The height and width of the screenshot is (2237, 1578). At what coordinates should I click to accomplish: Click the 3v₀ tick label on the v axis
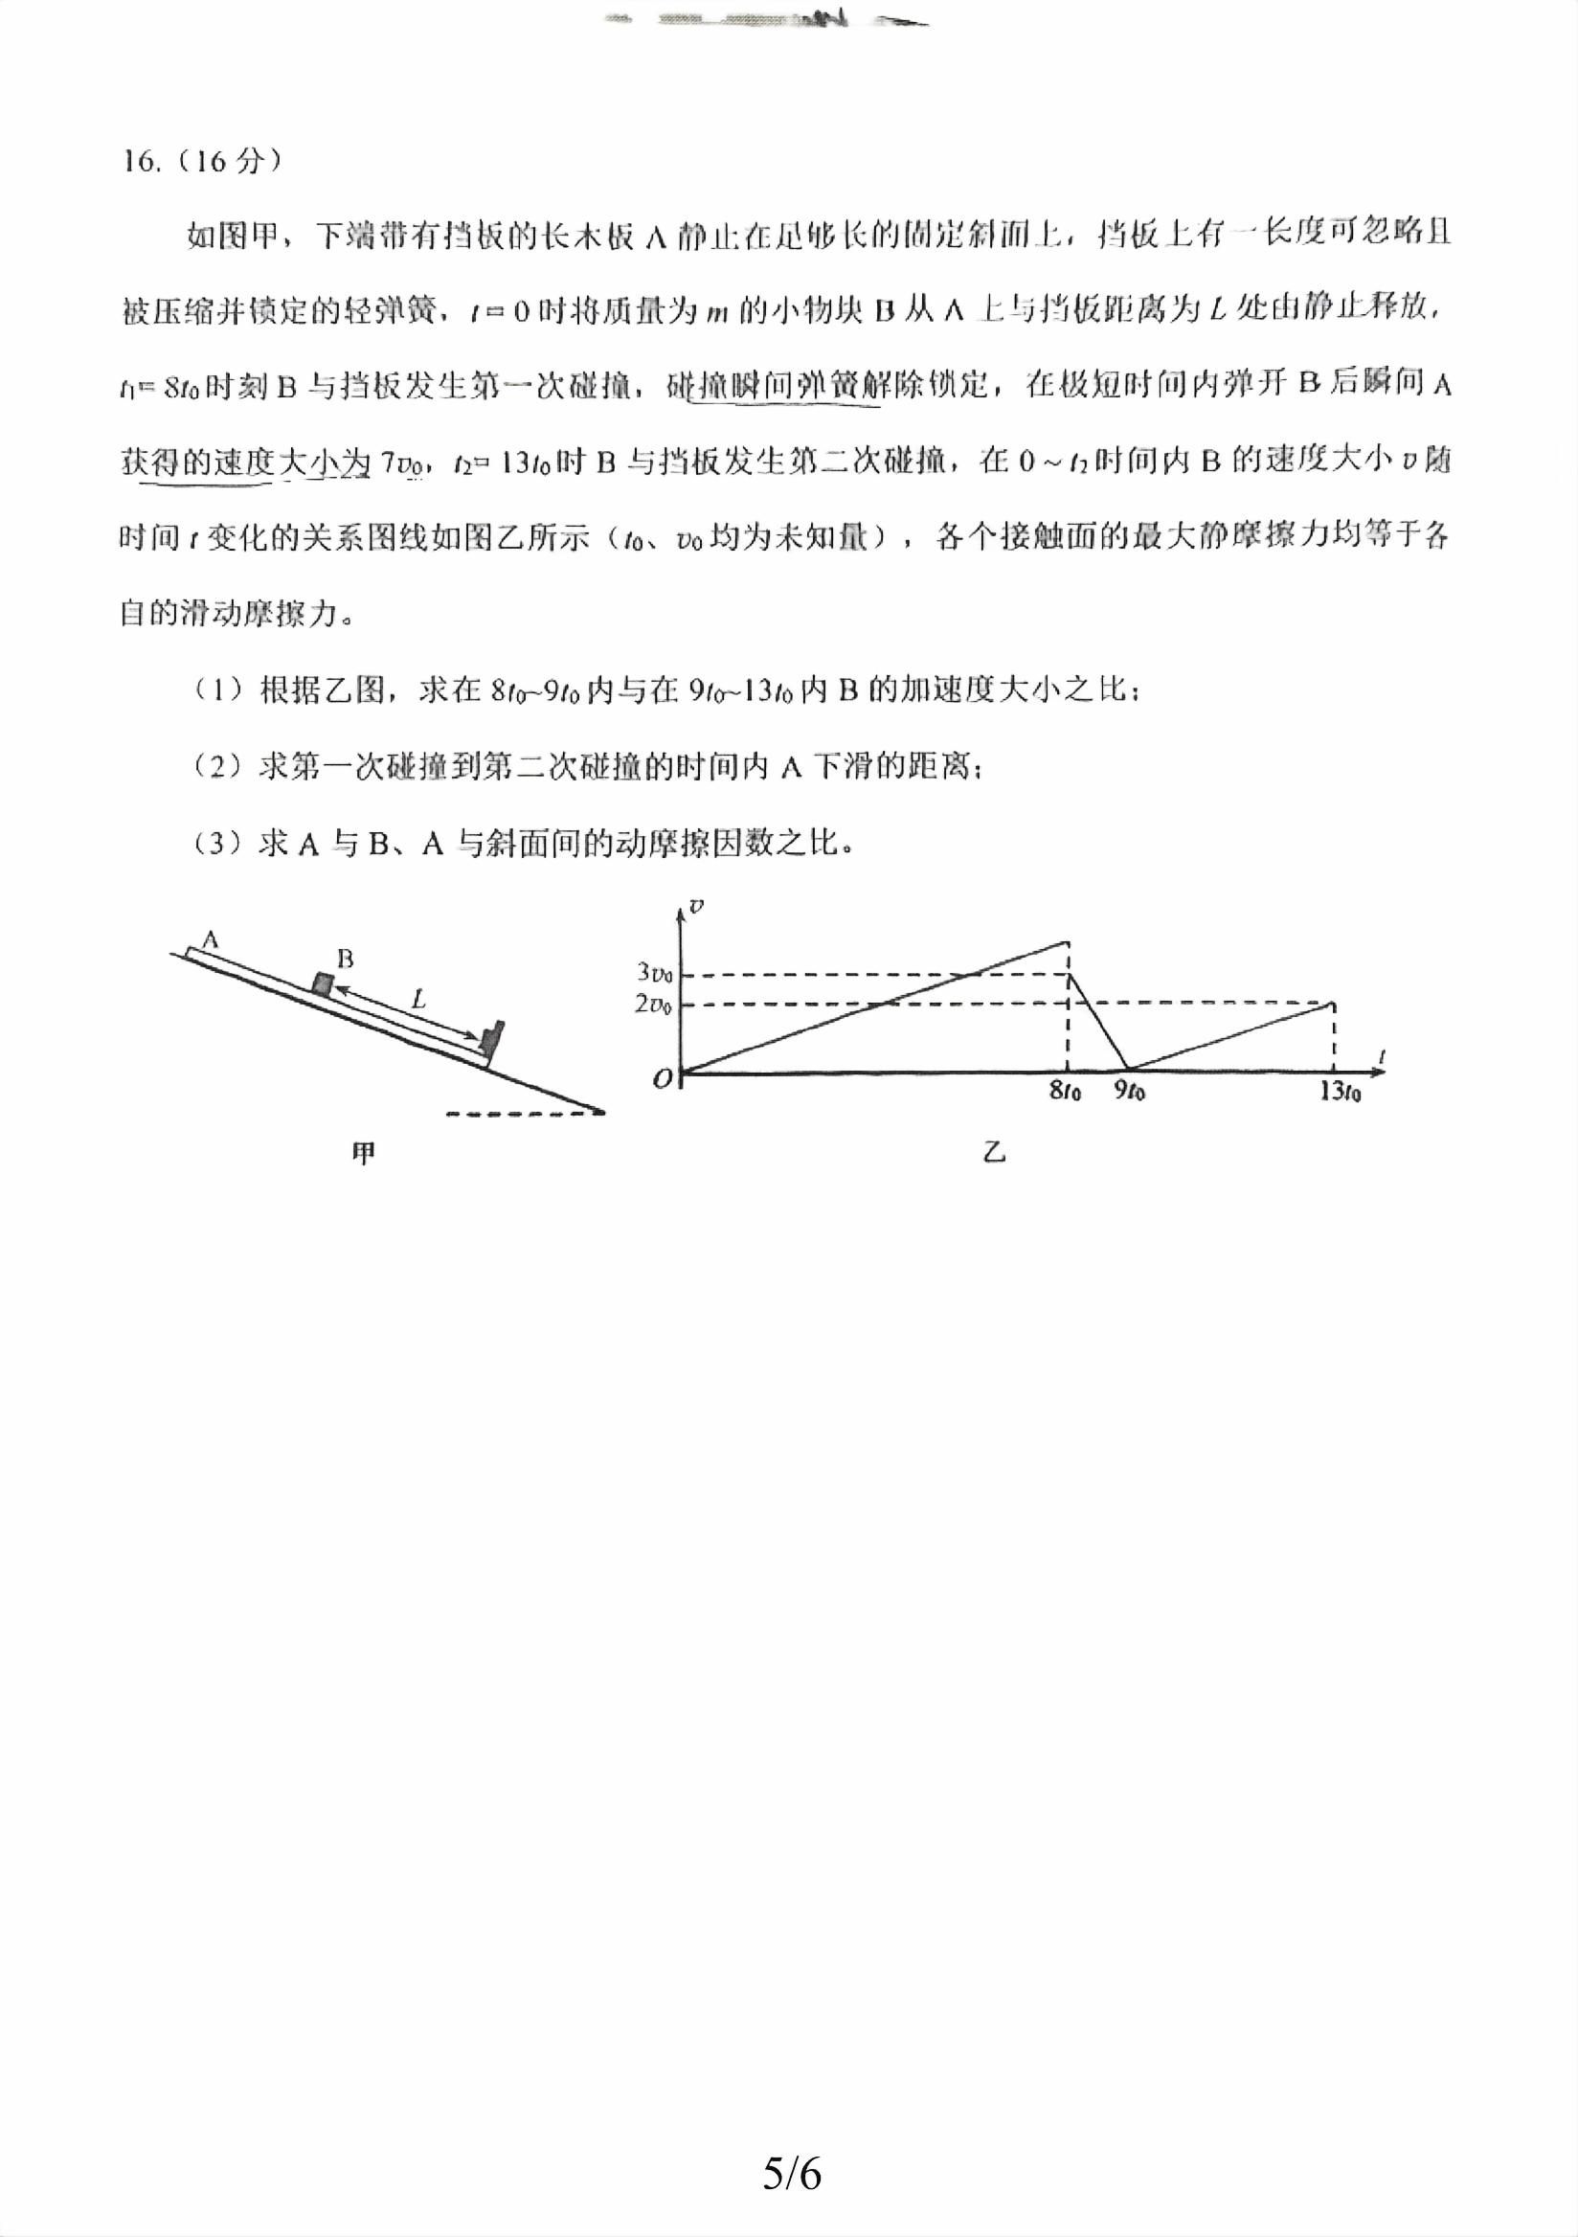click(654, 972)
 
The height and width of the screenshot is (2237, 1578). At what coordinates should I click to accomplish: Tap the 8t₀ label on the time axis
click(1065, 1092)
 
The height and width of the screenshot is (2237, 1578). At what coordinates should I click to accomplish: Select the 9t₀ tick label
click(1129, 1092)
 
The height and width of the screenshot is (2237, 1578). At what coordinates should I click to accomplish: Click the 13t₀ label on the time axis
click(1340, 1092)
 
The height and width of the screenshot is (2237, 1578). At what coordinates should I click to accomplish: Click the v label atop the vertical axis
click(695, 906)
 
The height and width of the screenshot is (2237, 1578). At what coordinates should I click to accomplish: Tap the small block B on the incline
click(322, 983)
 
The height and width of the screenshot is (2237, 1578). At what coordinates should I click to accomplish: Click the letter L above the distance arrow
click(418, 998)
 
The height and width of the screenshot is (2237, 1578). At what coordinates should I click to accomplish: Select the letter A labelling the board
click(210, 940)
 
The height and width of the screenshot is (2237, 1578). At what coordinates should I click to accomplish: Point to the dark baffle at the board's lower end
click(493, 1039)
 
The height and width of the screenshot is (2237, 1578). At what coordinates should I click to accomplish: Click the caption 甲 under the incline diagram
click(363, 1154)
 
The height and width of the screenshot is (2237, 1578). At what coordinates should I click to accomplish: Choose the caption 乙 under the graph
click(993, 1154)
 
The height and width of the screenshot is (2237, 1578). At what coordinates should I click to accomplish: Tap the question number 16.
click(142, 162)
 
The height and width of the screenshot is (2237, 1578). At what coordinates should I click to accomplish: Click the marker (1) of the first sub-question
click(217, 690)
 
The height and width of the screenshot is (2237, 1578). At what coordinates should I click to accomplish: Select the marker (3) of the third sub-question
click(217, 843)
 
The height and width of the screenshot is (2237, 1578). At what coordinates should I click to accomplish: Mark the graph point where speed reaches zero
click(1128, 1070)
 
